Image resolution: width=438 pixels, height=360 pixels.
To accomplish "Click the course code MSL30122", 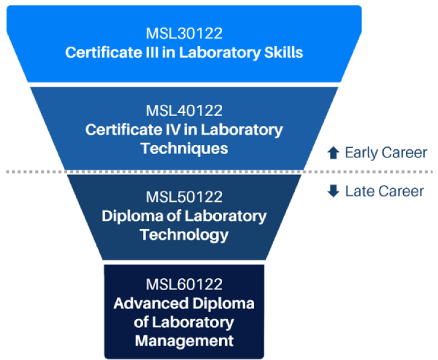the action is pyautogui.click(x=184, y=34).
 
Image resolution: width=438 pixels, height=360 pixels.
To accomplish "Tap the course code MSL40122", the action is pyautogui.click(x=184, y=111).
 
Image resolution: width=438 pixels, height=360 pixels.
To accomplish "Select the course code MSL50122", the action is pyautogui.click(x=184, y=197).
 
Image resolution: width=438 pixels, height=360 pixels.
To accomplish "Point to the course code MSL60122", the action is pyautogui.click(x=184, y=283).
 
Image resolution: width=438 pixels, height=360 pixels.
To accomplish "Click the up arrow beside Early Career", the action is pyautogui.click(x=333, y=153).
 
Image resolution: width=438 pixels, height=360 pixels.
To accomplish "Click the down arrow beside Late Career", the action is pyautogui.click(x=333, y=192).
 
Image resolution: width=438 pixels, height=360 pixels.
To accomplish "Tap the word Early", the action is pyautogui.click(x=361, y=153).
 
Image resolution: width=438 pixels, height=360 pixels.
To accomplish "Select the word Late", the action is pyautogui.click(x=359, y=192).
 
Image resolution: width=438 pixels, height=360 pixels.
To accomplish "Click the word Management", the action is pyautogui.click(x=184, y=340).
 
